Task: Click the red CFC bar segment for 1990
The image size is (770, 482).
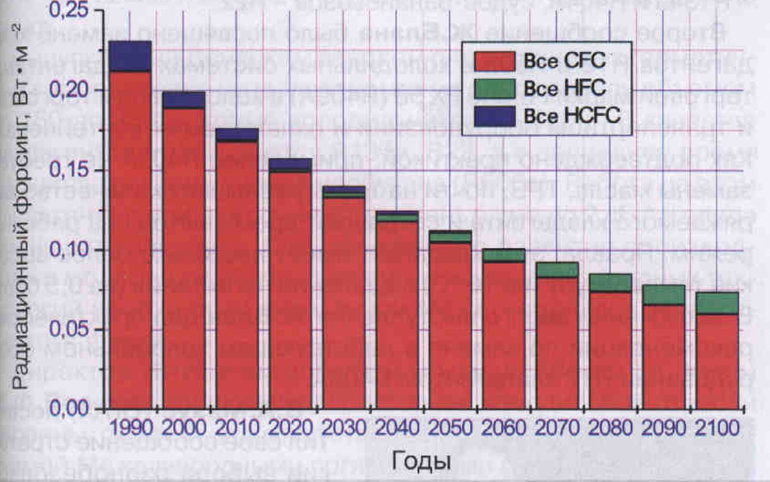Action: click(x=130, y=239)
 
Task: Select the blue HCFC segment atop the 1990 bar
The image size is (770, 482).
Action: click(x=130, y=56)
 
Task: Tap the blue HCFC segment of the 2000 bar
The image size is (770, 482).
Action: click(x=184, y=100)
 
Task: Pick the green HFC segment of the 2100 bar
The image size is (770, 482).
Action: click(x=717, y=303)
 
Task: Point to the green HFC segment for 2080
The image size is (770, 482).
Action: click(x=610, y=283)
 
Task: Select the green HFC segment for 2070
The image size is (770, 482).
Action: click(x=557, y=270)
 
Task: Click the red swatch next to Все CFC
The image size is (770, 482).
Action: click(x=495, y=61)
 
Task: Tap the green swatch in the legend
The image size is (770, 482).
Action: click(x=495, y=88)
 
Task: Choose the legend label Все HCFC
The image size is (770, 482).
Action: click(x=572, y=116)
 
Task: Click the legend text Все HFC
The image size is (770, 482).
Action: click(x=565, y=88)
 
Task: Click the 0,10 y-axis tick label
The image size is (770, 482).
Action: click(x=69, y=250)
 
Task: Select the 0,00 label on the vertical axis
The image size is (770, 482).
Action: click(x=69, y=408)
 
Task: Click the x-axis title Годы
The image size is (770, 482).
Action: click(x=421, y=461)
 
